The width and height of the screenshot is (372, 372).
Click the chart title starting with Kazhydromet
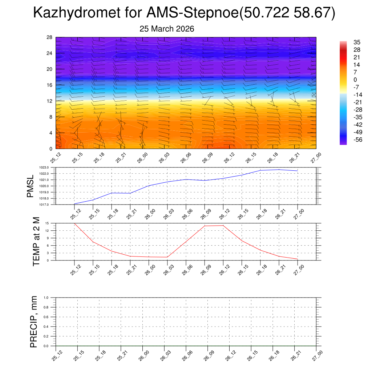tap(184, 13)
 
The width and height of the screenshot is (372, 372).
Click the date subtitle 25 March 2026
tap(167, 29)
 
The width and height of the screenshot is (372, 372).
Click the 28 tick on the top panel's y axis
tap(50, 37)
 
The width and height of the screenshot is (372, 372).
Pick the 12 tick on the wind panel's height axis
tap(50, 101)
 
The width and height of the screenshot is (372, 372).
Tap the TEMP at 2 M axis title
tap(36, 242)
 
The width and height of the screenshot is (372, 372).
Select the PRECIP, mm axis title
tap(34, 322)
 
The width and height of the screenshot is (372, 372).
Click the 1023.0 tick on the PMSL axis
tap(49, 167)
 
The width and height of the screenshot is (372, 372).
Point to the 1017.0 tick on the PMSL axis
tap(49, 205)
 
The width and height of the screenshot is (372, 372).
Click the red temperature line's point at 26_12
tap(223, 225)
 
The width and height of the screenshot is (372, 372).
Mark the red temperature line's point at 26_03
tap(167, 257)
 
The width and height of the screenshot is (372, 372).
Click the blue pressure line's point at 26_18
tap(260, 170)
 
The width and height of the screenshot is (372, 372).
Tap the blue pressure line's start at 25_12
tap(74, 204)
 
